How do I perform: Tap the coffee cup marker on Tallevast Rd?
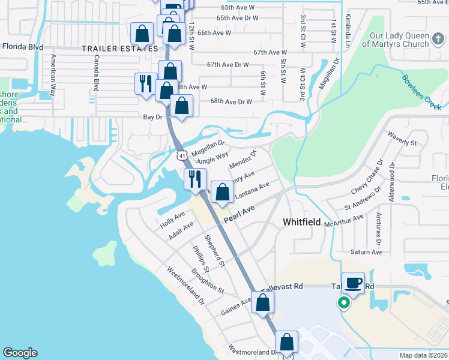353,283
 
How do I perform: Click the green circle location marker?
344,303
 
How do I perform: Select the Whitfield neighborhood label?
301,222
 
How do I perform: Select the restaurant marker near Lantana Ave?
196,179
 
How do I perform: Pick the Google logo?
20,353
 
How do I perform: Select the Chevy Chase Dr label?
366,178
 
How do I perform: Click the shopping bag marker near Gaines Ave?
262,302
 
